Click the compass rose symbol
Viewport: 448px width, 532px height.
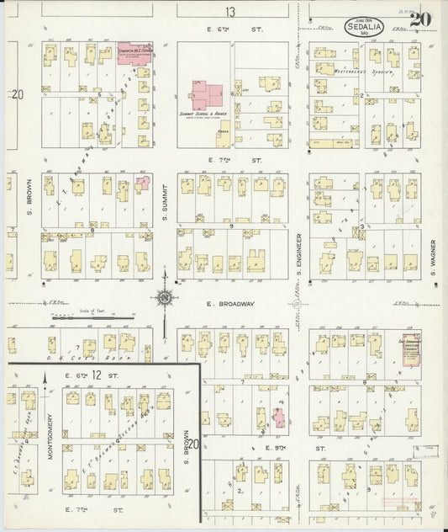point(165,296)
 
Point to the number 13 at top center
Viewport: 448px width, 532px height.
point(229,12)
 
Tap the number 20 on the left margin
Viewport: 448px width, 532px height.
point(18,96)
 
